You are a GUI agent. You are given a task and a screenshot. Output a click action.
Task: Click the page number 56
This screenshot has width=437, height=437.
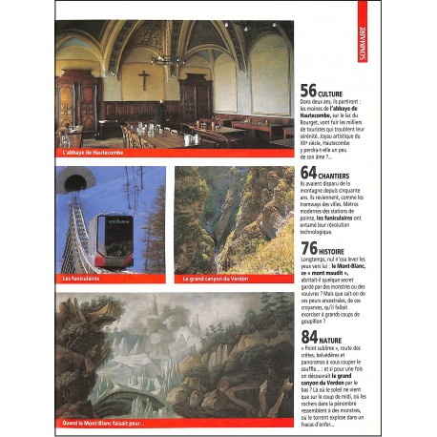pos(308,92)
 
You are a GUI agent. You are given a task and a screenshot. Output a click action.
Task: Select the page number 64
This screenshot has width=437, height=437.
pos(308,173)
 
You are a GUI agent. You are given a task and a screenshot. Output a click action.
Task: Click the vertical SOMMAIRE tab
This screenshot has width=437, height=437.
pos(362,42)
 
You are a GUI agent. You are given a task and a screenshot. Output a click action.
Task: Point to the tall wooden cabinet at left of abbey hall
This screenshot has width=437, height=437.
pos(75,106)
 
